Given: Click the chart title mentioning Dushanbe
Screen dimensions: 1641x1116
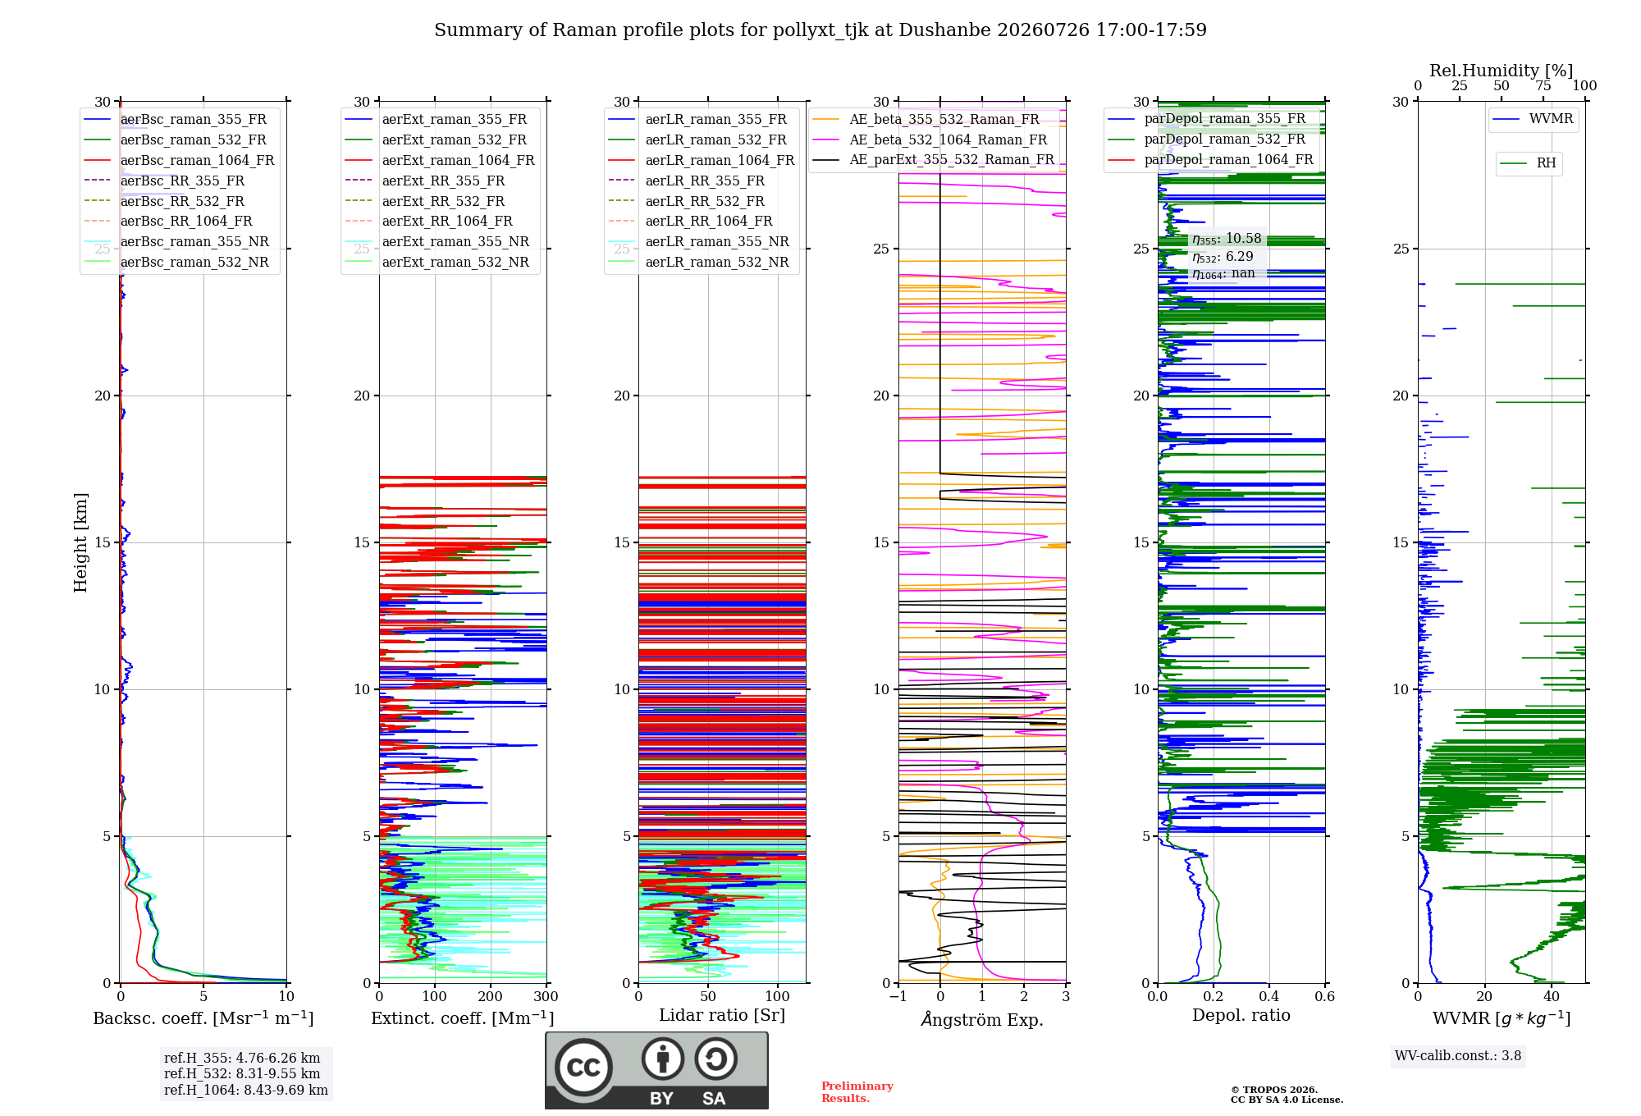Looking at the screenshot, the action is point(820,30).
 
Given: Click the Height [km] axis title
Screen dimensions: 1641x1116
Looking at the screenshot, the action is point(80,542).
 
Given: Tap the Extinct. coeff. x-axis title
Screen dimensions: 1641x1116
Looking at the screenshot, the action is point(463,1018).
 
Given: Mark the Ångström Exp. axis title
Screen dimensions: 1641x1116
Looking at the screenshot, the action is point(982,1019).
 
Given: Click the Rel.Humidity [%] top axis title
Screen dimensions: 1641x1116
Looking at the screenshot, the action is point(1502,71).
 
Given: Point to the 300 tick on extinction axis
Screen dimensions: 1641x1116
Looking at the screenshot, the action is point(546,997).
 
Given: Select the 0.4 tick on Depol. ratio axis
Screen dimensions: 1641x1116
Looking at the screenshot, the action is point(1269,997).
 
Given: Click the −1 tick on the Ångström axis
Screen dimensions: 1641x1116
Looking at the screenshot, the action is point(898,997).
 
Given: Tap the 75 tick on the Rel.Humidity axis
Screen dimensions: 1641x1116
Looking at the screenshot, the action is point(1543,85).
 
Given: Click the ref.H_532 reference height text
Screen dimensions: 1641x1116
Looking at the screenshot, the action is point(242,1073).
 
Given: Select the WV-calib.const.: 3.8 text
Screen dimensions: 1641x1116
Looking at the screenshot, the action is point(1458,1055).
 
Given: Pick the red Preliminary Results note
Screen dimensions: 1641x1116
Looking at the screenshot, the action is point(857,1092).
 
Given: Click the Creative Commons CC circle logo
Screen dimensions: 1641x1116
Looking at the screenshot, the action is point(583,1068).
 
